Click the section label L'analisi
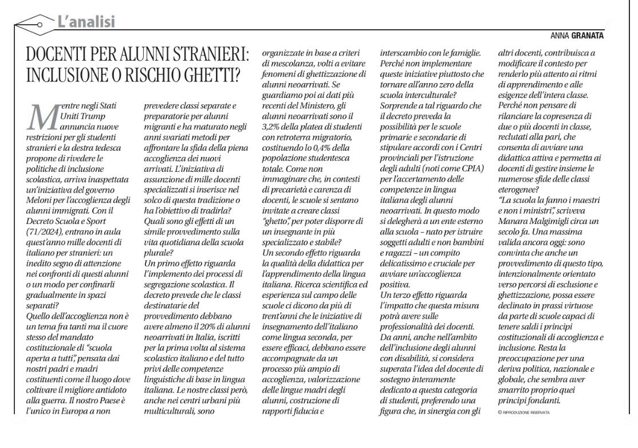(x=86, y=22)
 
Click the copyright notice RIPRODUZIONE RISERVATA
(x=525, y=412)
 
